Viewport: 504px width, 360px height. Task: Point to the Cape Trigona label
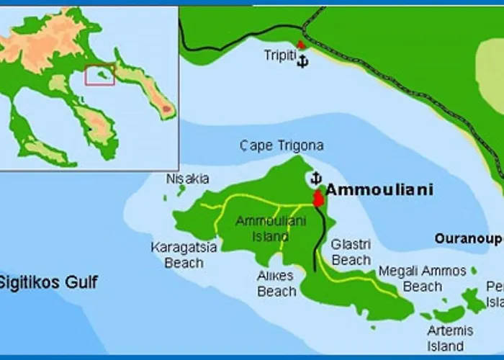tap(282, 145)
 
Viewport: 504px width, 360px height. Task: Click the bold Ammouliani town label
tap(379, 190)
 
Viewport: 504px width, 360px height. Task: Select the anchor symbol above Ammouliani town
tap(315, 178)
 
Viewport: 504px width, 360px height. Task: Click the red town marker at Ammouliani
tap(317, 198)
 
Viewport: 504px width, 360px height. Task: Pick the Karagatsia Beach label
tap(184, 255)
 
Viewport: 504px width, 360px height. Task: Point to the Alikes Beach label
tap(276, 283)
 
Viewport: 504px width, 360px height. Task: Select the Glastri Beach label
tap(351, 251)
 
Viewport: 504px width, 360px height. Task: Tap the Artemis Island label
tap(450, 338)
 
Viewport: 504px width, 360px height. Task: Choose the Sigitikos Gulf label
tap(49, 282)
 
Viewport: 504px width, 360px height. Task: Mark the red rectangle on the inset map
tap(100, 75)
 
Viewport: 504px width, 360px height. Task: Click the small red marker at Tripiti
tap(301, 45)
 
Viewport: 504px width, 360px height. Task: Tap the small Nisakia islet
tap(181, 191)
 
